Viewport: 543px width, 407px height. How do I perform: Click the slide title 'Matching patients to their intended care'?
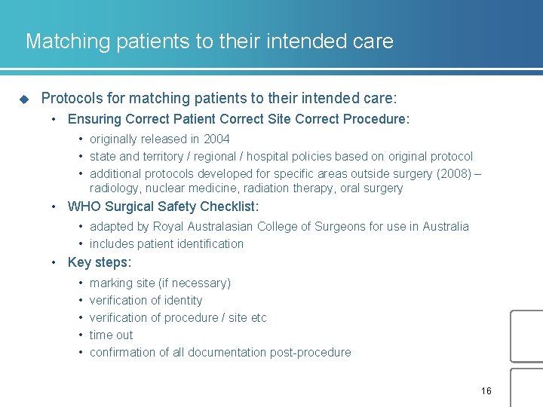pos(209,41)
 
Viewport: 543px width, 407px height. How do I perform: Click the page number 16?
pos(486,390)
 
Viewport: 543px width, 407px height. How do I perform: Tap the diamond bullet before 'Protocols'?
pos(23,99)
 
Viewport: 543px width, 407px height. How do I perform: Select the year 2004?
pos(216,139)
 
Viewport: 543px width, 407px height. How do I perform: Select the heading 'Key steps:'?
pos(100,262)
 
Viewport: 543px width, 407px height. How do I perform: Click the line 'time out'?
pos(111,335)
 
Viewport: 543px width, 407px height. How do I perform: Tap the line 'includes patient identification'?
pos(167,243)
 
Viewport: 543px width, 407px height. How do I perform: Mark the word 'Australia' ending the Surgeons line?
pos(445,226)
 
